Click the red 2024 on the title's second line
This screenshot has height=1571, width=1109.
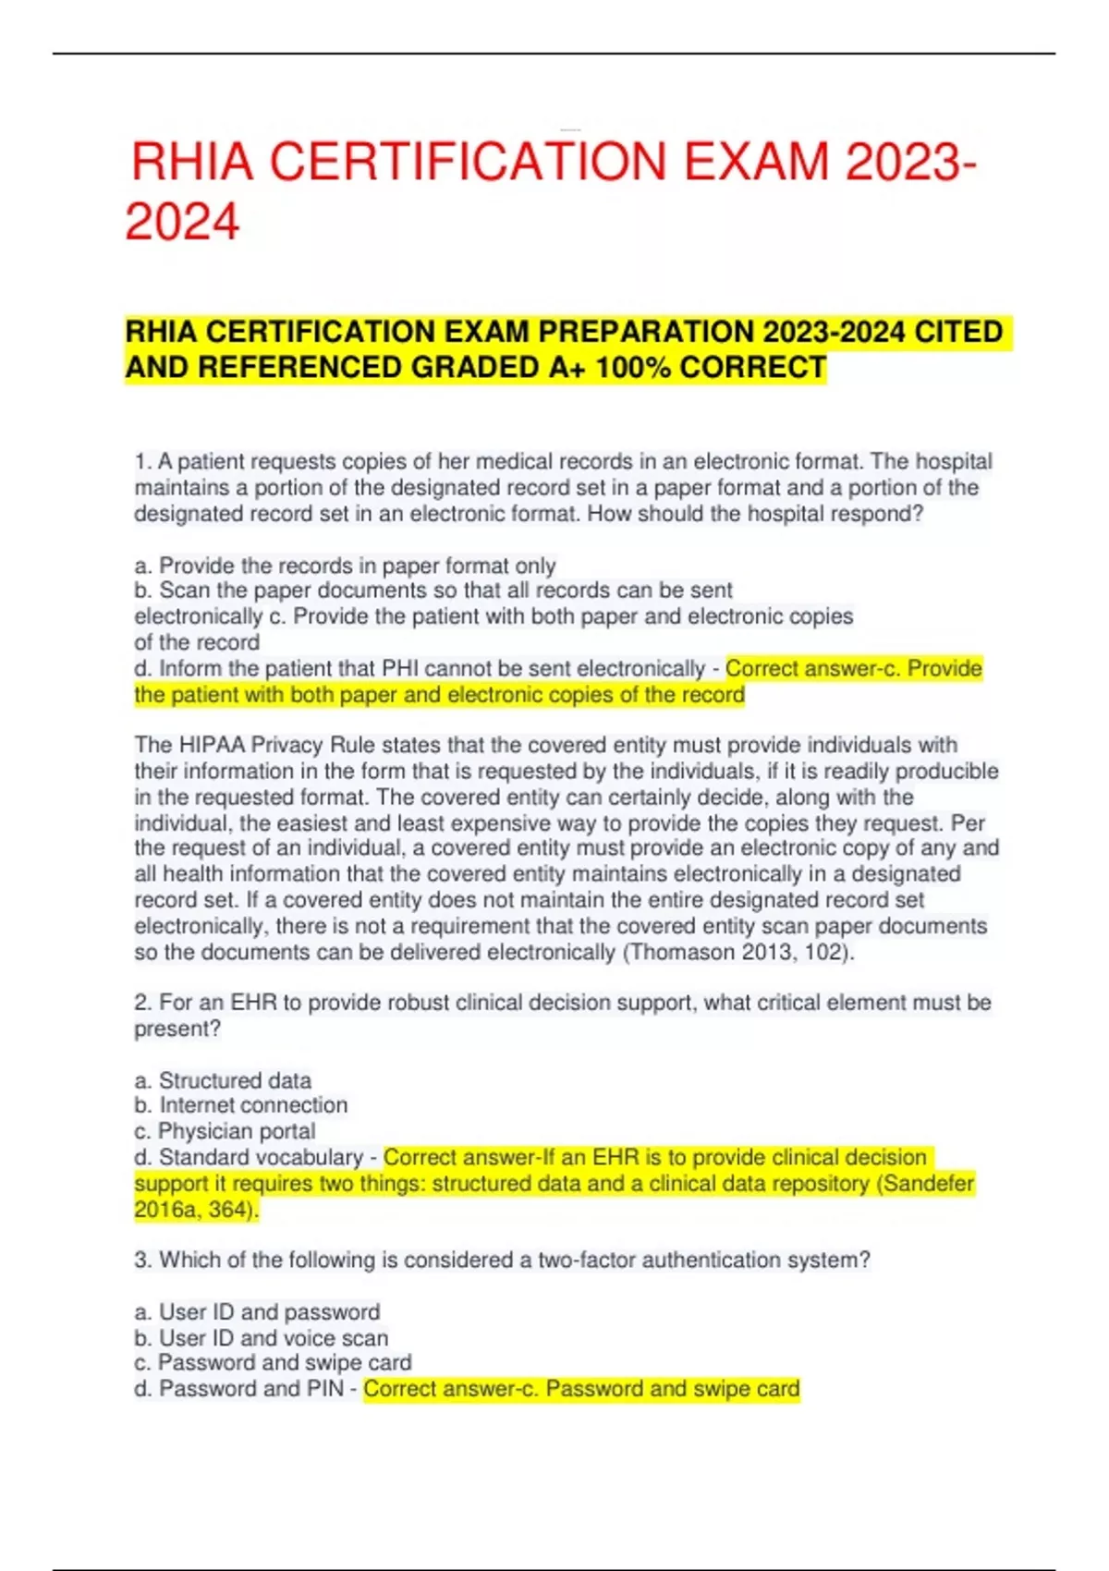[x=183, y=223]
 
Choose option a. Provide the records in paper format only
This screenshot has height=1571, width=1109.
[x=345, y=566]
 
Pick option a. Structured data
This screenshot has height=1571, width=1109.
[x=223, y=1080]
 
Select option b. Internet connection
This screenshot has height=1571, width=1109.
[x=240, y=1105]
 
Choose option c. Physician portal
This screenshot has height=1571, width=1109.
[x=225, y=1131]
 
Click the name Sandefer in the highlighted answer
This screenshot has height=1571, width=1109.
[x=927, y=1184]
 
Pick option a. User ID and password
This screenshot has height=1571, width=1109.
[x=257, y=1312]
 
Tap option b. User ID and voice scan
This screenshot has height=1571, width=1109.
[x=261, y=1338]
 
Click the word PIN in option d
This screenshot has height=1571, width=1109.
[x=324, y=1389]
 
